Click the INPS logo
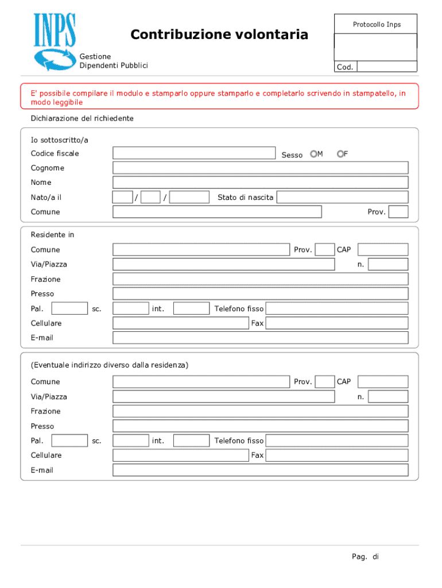55,42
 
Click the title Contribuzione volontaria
219,35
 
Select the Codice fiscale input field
194,153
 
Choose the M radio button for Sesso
313,154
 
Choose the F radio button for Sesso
340,154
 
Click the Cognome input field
260,168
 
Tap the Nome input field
260,183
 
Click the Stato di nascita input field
342,198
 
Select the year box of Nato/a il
189,198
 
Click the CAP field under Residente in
383,250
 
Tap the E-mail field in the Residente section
260,338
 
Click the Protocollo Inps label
377,24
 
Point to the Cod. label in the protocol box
345,67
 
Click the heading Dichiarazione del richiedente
82,118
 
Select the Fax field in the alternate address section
337,455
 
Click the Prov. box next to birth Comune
398,212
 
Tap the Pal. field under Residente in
69,309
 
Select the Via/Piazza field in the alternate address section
223,397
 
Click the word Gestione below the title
95,57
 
